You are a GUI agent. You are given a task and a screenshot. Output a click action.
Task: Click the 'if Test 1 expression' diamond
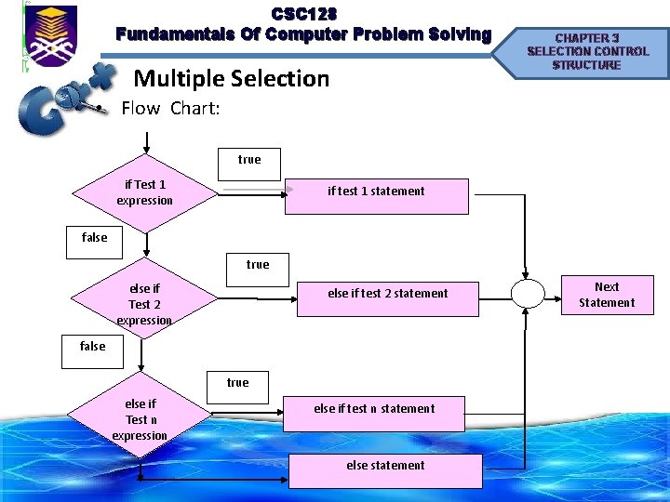pos(144,192)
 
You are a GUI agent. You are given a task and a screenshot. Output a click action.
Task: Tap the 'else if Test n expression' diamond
pos(141,419)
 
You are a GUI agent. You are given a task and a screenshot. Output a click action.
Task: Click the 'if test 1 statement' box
pos(376,196)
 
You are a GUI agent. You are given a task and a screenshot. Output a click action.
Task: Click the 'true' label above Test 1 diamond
pos(249,160)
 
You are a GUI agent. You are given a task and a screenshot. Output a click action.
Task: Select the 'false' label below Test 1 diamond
pos(95,238)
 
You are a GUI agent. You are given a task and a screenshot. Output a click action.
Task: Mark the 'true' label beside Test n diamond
pos(238,383)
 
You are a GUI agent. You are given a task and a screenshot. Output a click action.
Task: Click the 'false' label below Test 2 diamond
pos(93,347)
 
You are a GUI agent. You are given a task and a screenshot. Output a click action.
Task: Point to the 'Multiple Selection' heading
pos(232,78)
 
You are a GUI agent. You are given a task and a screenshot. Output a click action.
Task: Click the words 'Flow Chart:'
pos(171,108)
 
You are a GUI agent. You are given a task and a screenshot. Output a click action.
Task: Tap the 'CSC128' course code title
pos(303,15)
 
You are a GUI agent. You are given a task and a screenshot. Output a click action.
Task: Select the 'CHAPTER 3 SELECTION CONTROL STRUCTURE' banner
pos(586,52)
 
